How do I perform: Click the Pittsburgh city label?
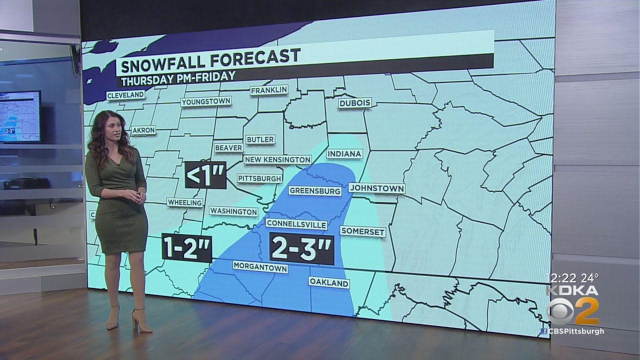click(x=259, y=178)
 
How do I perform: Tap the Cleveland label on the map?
click(x=125, y=94)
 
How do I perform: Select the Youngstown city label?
click(x=205, y=101)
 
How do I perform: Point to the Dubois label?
click(x=355, y=103)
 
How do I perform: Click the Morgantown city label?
click(x=260, y=268)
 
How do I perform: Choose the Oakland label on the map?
click(x=328, y=283)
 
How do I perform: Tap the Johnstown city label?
click(x=376, y=188)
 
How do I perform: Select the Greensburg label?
click(x=315, y=190)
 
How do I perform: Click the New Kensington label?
click(x=277, y=159)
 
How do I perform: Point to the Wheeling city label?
click(x=185, y=202)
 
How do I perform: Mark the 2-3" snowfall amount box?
click(x=301, y=248)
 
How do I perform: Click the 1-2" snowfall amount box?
click(x=187, y=247)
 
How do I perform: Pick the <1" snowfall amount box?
click(x=205, y=175)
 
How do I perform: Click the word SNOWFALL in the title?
click(x=163, y=57)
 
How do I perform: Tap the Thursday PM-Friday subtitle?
click(x=176, y=76)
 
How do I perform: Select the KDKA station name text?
click(x=571, y=290)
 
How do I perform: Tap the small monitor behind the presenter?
click(x=20, y=116)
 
